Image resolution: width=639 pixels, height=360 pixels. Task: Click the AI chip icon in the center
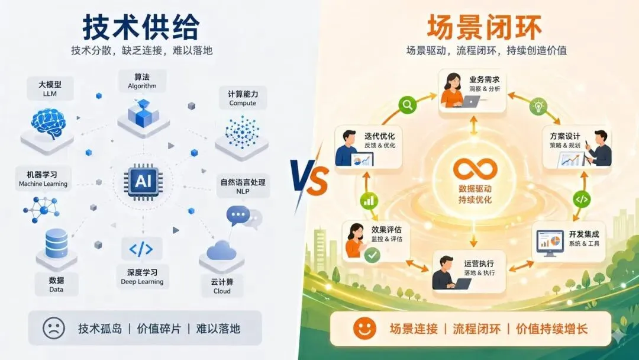tap(143, 181)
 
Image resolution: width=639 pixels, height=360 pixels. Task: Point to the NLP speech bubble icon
tap(240, 216)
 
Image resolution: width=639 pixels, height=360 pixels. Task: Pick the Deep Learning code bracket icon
tap(141, 249)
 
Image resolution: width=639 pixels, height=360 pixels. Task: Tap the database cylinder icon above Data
tap(56, 243)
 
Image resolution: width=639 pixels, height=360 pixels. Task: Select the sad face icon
tap(54, 328)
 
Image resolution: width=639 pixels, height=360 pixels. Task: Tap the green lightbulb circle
tap(538, 106)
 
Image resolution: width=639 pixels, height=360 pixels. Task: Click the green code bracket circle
tap(582, 199)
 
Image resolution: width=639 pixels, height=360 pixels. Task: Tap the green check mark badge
tap(372, 255)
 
